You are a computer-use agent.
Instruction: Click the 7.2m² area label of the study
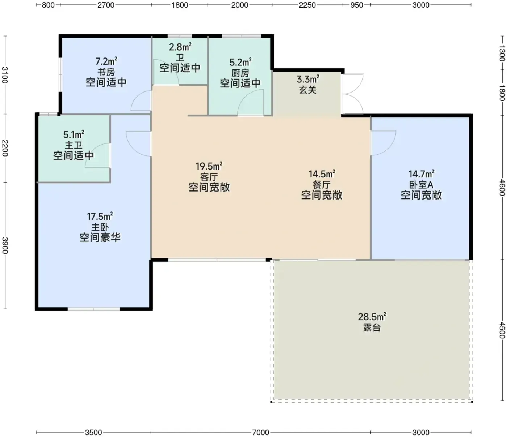106,61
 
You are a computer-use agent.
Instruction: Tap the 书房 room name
106,72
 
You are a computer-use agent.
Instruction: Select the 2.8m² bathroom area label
180,47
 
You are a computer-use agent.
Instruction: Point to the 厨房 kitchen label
240,73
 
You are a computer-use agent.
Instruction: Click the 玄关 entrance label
308,90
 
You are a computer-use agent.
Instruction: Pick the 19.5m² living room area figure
209,166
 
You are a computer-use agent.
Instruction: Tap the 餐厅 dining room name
322,185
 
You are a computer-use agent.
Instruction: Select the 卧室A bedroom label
421,185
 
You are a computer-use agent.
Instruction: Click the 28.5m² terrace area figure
372,317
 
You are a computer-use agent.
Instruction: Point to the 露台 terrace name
372,327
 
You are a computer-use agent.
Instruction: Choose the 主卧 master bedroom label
100,227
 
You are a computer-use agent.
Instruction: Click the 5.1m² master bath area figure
74,134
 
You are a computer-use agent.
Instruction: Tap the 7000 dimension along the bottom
261,433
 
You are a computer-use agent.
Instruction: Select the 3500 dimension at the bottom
93,433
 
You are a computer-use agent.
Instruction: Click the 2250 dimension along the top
307,5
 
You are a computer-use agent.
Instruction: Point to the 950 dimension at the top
357,5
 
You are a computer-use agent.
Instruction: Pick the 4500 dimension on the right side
502,330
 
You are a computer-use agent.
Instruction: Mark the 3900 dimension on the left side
5,245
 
